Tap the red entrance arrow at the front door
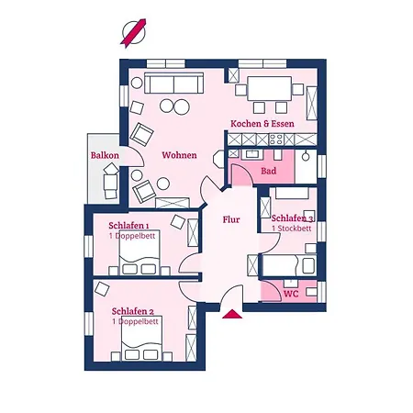click(232, 314)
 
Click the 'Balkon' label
click(105, 156)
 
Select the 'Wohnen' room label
click(180, 155)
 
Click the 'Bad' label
click(269, 171)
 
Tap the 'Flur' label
click(231, 219)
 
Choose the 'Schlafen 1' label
click(128, 226)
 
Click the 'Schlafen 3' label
click(293, 218)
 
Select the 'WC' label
click(291, 294)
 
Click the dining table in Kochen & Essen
click(269, 91)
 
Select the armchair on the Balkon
click(110, 184)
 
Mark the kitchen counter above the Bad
click(273, 141)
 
